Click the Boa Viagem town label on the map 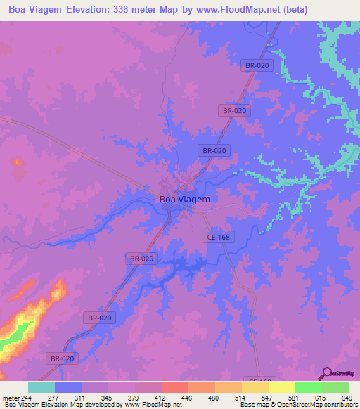coord(184,199)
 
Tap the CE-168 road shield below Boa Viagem coord(219,238)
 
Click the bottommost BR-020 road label coord(62,358)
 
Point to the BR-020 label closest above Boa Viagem coord(214,150)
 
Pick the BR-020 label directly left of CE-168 coord(141,259)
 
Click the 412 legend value coord(162,398)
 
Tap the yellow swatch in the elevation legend coord(281,387)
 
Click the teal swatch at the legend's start coord(41,387)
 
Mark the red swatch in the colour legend coord(174,387)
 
